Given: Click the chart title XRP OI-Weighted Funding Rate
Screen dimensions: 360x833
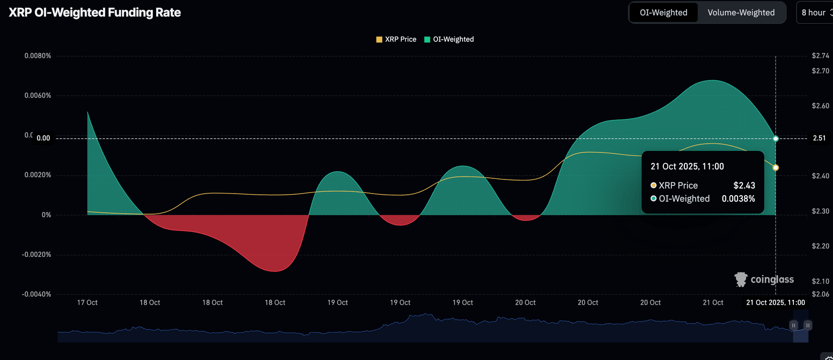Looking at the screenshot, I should [x=94, y=12].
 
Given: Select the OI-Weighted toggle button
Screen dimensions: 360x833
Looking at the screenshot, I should [x=663, y=12].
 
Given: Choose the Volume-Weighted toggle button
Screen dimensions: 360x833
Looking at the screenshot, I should [x=741, y=12].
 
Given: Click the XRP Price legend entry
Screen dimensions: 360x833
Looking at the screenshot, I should [x=396, y=39].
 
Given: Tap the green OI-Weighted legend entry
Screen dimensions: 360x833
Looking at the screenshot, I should [x=449, y=39].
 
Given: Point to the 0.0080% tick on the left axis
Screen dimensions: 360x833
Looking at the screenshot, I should [x=37, y=56].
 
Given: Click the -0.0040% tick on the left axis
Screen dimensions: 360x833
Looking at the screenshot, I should [x=36, y=294].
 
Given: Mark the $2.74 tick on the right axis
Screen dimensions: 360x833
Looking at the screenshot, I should [x=821, y=56].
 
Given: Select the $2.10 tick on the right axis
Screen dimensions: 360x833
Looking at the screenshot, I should [x=821, y=281].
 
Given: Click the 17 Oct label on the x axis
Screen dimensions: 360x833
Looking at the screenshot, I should [x=87, y=303].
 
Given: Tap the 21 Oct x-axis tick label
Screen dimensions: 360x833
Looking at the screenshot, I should [x=713, y=303].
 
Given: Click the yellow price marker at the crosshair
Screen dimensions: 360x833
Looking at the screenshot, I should [x=776, y=168].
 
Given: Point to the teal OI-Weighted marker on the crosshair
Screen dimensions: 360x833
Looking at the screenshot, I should [x=776, y=139].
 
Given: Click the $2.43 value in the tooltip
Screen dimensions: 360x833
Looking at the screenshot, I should [x=744, y=185].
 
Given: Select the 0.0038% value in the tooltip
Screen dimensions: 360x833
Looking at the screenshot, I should [x=738, y=198].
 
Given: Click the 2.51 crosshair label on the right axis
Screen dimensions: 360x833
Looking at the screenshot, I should [x=819, y=138].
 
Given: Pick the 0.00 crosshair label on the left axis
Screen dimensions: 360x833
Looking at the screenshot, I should [x=43, y=138].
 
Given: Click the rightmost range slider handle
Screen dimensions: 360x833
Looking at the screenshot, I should [x=808, y=325].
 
